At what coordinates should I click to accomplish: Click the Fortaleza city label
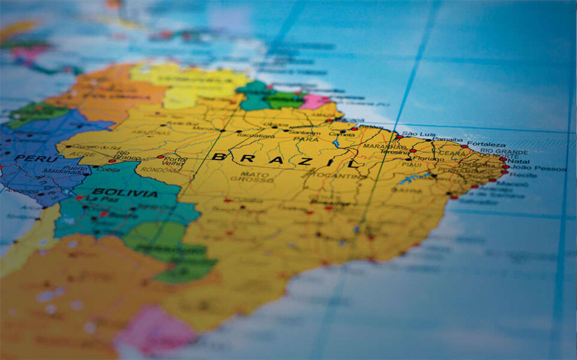(x=487, y=145)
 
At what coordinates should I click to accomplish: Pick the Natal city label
(x=519, y=161)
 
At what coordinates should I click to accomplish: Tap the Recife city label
(x=522, y=175)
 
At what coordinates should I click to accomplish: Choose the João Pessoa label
(x=536, y=169)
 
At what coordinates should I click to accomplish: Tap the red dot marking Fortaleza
(x=464, y=146)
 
